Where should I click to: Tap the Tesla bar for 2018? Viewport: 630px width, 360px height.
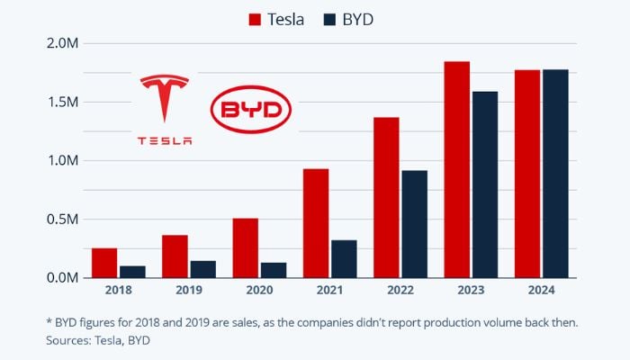[x=104, y=263]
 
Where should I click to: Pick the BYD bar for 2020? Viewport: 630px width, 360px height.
[x=273, y=270]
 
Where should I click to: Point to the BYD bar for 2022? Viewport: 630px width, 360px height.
[x=414, y=224]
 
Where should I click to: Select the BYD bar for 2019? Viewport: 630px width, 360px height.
[x=202, y=269]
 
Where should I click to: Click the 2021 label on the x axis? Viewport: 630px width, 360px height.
[x=329, y=291]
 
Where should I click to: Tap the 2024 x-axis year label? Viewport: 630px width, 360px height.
[x=541, y=291]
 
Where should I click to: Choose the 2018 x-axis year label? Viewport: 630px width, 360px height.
[x=118, y=291]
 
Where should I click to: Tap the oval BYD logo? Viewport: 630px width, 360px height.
[x=251, y=112]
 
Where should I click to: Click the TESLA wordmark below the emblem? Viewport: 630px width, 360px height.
[x=165, y=140]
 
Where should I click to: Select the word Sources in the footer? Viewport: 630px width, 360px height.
[x=68, y=341]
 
